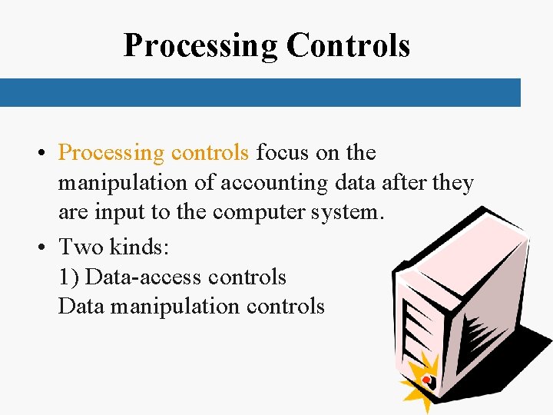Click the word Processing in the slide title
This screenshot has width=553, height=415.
[x=201, y=46]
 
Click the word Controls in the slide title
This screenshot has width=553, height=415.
[x=348, y=46]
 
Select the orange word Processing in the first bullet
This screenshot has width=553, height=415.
[x=111, y=153]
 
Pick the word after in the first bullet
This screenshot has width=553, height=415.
[x=405, y=183]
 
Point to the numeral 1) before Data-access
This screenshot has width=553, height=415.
[x=68, y=277]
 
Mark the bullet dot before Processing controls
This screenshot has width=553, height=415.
[x=41, y=154]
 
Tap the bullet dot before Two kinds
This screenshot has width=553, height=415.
[x=41, y=247]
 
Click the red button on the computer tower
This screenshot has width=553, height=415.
[x=425, y=379]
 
